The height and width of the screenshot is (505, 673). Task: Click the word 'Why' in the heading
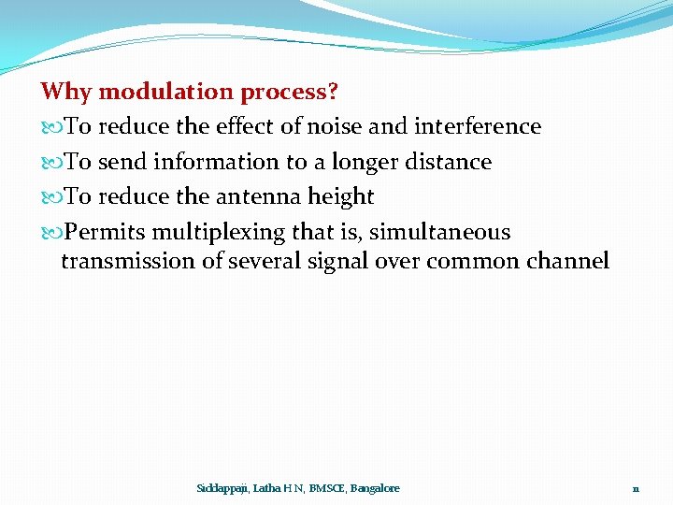point(66,92)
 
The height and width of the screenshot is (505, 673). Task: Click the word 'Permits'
point(105,232)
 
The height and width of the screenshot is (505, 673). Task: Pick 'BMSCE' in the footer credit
point(326,488)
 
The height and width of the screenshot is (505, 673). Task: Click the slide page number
point(636,488)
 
